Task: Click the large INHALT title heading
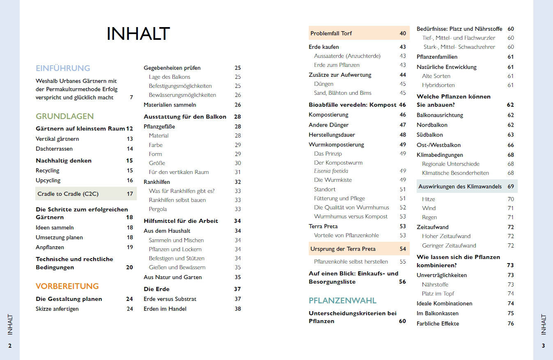pos(138,34)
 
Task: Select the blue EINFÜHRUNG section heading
pos(63,68)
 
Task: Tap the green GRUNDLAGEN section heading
pos(65,116)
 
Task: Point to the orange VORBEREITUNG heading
pos(67,286)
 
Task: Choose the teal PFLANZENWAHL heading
pos(342,300)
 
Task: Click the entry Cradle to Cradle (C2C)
pos(68,194)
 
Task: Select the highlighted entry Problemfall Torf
pos(331,33)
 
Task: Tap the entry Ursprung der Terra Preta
pos(343,249)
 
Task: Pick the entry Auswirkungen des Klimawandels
pos(460,186)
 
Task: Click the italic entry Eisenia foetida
pos(331,171)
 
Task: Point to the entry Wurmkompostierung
pos(336,144)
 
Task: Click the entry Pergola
pos(158,209)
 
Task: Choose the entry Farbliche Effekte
pos(438,323)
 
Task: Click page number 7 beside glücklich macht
pos(131,97)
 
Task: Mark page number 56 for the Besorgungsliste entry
pos(402,282)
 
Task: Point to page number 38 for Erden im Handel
pos(238,309)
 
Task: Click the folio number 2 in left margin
pos(10,346)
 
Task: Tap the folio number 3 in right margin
pos(543,346)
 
